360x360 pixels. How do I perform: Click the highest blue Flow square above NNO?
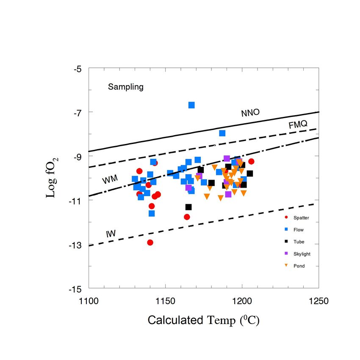[191, 105]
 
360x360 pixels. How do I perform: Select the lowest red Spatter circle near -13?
[150, 242]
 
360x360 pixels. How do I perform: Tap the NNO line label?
[250, 113]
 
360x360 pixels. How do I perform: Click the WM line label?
[109, 180]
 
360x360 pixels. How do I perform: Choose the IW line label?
[111, 233]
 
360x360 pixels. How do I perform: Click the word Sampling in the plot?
[126, 87]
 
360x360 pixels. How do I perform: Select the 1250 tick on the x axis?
[318, 301]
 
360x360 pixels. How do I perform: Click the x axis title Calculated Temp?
[203, 320]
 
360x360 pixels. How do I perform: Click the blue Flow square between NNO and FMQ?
[222, 133]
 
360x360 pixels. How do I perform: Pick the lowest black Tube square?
[188, 207]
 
